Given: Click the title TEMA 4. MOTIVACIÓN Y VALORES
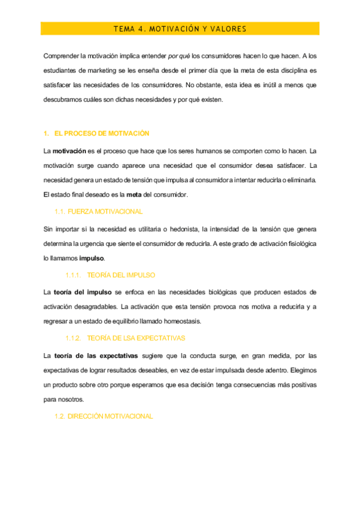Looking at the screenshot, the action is click(x=180, y=29).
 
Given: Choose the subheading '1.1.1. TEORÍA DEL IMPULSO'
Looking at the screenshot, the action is click(x=111, y=275).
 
